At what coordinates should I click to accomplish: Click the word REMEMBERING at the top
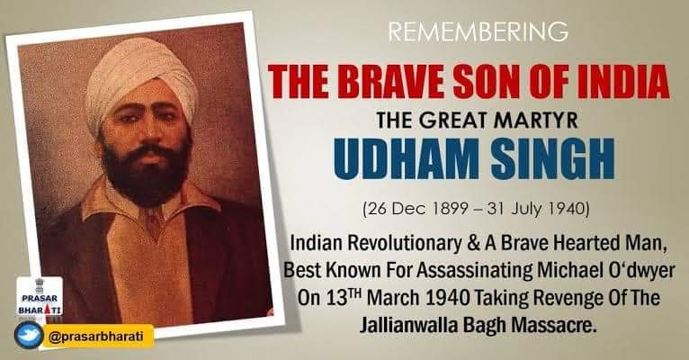click(478, 32)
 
